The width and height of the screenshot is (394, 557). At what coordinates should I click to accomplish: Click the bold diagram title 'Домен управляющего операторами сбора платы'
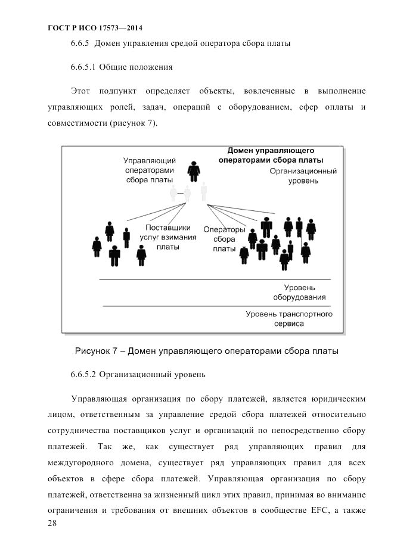[x=271, y=155]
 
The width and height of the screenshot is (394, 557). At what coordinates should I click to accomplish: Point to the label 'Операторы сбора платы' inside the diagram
[x=224, y=239]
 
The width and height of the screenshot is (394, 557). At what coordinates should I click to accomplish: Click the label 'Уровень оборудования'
[x=299, y=292]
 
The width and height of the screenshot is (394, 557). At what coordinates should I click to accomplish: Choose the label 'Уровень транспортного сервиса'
[x=289, y=319]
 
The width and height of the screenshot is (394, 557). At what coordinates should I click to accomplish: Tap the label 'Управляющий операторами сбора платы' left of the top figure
[x=149, y=170]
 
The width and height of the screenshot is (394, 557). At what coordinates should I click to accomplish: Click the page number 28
[x=52, y=523]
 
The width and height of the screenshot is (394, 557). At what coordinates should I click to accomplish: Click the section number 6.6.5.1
[x=83, y=68]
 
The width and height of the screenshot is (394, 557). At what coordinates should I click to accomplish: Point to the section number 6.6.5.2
[x=83, y=375]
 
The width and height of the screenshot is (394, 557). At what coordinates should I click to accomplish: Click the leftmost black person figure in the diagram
[x=97, y=245]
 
